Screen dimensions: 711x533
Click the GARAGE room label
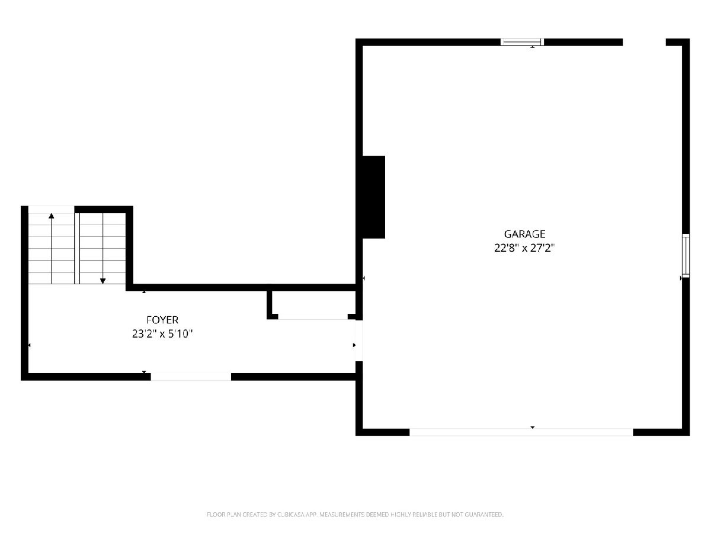point(524,234)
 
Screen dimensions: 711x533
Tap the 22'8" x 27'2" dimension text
point(524,248)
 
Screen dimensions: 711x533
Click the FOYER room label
point(162,320)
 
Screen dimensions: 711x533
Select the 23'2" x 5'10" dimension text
point(162,333)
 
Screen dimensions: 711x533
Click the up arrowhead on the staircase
point(51,216)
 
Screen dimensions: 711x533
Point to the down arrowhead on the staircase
point(103,281)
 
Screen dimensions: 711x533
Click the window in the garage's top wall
point(522,42)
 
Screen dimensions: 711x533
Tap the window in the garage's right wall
point(686,256)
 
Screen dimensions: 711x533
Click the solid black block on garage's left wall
point(373,197)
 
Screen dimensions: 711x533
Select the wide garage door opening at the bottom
point(521,432)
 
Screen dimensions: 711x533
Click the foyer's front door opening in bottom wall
point(191,377)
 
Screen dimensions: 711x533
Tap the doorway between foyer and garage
point(359,341)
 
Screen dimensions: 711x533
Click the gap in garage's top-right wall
point(644,42)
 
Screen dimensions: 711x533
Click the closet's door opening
point(313,317)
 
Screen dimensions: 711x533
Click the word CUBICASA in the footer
point(291,514)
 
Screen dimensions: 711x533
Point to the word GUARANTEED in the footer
point(484,514)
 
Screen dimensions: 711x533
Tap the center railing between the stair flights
point(77,248)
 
